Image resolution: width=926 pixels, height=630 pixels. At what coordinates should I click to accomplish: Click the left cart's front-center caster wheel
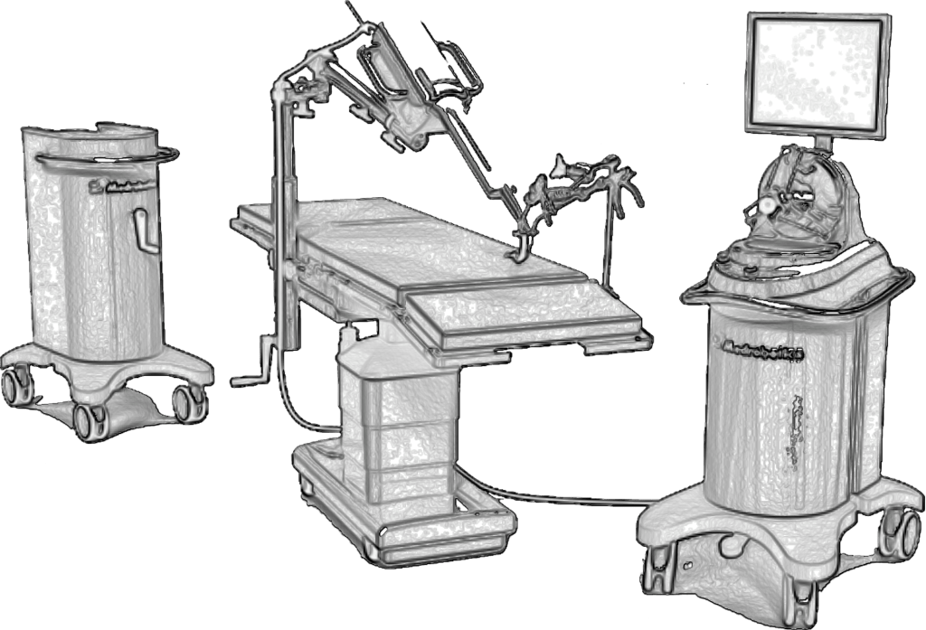click(88, 418)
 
